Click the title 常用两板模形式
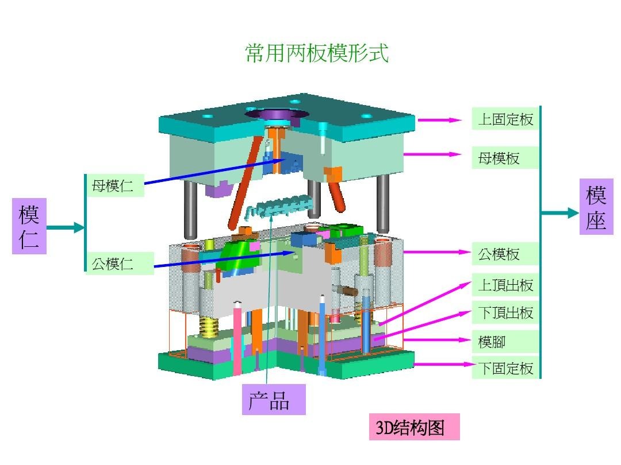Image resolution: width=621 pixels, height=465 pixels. tap(317, 53)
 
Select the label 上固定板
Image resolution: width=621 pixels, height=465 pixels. tap(505, 119)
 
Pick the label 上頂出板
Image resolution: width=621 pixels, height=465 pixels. tap(505, 285)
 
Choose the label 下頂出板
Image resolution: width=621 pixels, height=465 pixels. tap(505, 313)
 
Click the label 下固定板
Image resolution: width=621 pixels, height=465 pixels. tap(505, 368)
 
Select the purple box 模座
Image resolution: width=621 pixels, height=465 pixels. tap(596, 207)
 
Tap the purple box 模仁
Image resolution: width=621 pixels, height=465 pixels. tap(29, 226)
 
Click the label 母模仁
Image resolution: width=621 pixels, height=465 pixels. tap(114, 185)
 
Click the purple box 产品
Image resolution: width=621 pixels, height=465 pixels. tap(273, 400)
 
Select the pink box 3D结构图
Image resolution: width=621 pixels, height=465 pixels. tap(414, 428)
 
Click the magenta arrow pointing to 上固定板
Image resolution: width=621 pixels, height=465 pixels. tap(440, 120)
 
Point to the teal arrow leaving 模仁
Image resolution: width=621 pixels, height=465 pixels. tap(65, 228)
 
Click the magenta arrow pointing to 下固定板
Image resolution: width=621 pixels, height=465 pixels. tap(443, 364)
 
